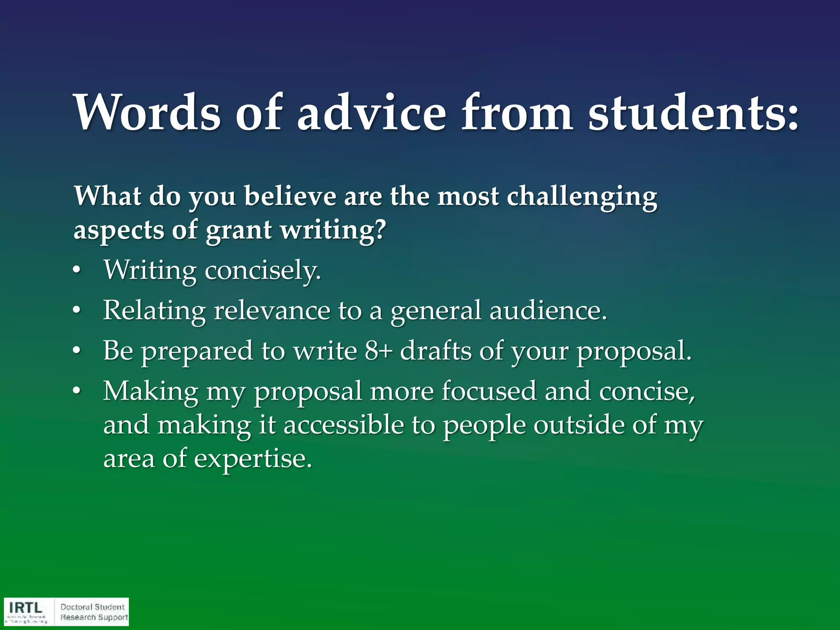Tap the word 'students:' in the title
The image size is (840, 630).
click(x=693, y=112)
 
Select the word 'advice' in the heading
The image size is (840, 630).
click(x=371, y=112)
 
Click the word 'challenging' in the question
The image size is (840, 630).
click(x=582, y=197)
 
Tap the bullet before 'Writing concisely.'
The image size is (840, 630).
click(x=76, y=272)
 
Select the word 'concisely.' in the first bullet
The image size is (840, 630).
click(x=262, y=271)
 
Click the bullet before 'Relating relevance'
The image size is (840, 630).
click(x=76, y=312)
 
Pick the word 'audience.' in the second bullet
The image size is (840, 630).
click(x=548, y=310)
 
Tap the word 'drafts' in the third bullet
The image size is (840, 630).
click(x=436, y=351)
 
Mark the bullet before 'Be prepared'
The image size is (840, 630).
click(x=76, y=352)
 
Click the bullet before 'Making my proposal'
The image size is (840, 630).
click(x=76, y=392)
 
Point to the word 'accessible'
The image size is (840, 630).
click(x=344, y=425)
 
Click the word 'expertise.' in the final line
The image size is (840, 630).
click(x=253, y=459)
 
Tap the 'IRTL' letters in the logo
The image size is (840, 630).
click(x=25, y=607)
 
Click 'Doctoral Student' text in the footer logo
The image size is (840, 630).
click(x=92, y=607)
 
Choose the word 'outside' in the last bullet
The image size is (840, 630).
click(x=579, y=425)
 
